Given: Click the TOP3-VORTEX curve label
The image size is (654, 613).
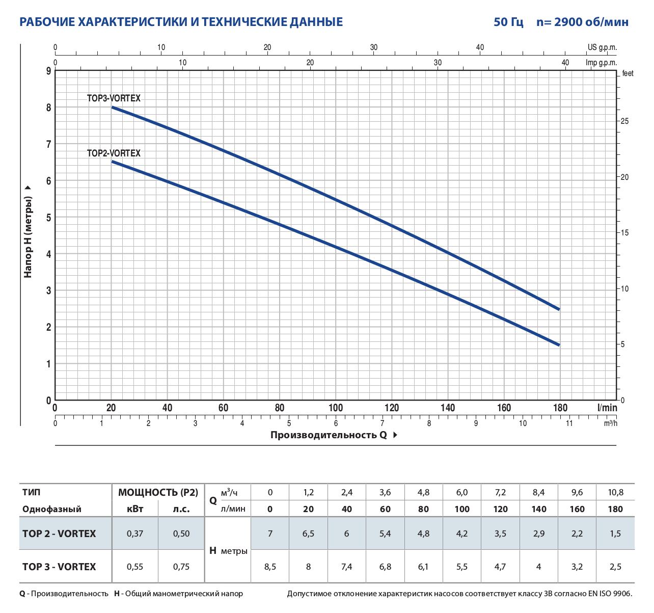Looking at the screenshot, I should point(114,98).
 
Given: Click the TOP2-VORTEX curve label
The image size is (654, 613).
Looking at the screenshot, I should point(114,153).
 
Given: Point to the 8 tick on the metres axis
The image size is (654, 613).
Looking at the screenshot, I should point(49,108).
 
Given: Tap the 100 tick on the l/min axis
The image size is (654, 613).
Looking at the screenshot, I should point(336,408).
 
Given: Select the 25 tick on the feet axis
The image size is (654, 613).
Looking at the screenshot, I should point(624,121).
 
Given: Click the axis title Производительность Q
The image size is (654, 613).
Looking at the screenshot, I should point(329,435).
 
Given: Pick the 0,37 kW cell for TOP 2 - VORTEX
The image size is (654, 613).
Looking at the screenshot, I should point(135,534).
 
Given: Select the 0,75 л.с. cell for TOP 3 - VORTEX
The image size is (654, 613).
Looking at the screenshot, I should point(181,567).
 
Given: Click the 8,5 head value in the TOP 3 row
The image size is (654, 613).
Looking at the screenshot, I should point(270,567).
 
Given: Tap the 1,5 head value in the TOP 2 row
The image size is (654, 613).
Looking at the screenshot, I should point(615,534).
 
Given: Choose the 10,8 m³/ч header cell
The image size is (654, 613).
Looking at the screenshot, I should point(615,493).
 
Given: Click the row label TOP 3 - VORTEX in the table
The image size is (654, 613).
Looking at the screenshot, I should point(59,567).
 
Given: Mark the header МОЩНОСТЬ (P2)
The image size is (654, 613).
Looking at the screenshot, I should point(158,493).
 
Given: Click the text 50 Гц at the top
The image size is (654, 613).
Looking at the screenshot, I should point(508,22).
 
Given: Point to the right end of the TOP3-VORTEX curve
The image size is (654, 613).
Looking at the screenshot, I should point(559,309).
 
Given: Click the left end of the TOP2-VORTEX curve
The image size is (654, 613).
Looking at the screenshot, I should point(112,162).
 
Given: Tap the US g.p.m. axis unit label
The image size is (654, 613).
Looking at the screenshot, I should point(602,47).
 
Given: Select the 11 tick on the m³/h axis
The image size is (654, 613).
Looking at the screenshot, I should point(569,423).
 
